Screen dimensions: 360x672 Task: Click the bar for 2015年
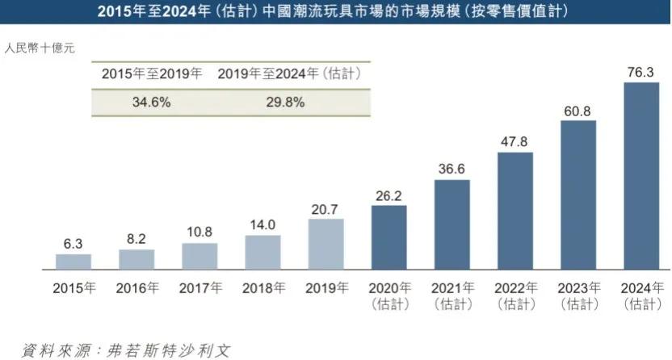[x=73, y=261]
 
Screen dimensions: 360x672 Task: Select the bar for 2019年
[x=325, y=243]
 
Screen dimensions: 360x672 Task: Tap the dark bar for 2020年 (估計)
[x=388, y=237]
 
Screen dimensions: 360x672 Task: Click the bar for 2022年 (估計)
[x=514, y=210]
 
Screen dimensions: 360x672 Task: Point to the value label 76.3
[x=641, y=72]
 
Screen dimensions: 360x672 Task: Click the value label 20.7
[x=325, y=210]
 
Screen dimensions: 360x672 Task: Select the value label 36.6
[x=451, y=170]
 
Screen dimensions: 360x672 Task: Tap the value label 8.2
[x=136, y=240]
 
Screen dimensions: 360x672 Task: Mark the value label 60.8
[x=577, y=111]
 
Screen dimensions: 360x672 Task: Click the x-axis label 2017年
[x=199, y=288]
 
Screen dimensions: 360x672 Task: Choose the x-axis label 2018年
[x=262, y=288]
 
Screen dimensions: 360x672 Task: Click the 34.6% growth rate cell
[x=151, y=103]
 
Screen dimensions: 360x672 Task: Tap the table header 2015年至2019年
[x=151, y=73]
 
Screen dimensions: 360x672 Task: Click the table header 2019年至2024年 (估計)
[x=288, y=73]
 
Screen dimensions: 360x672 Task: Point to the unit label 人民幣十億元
[x=40, y=48]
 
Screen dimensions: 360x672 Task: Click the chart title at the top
[x=336, y=11]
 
